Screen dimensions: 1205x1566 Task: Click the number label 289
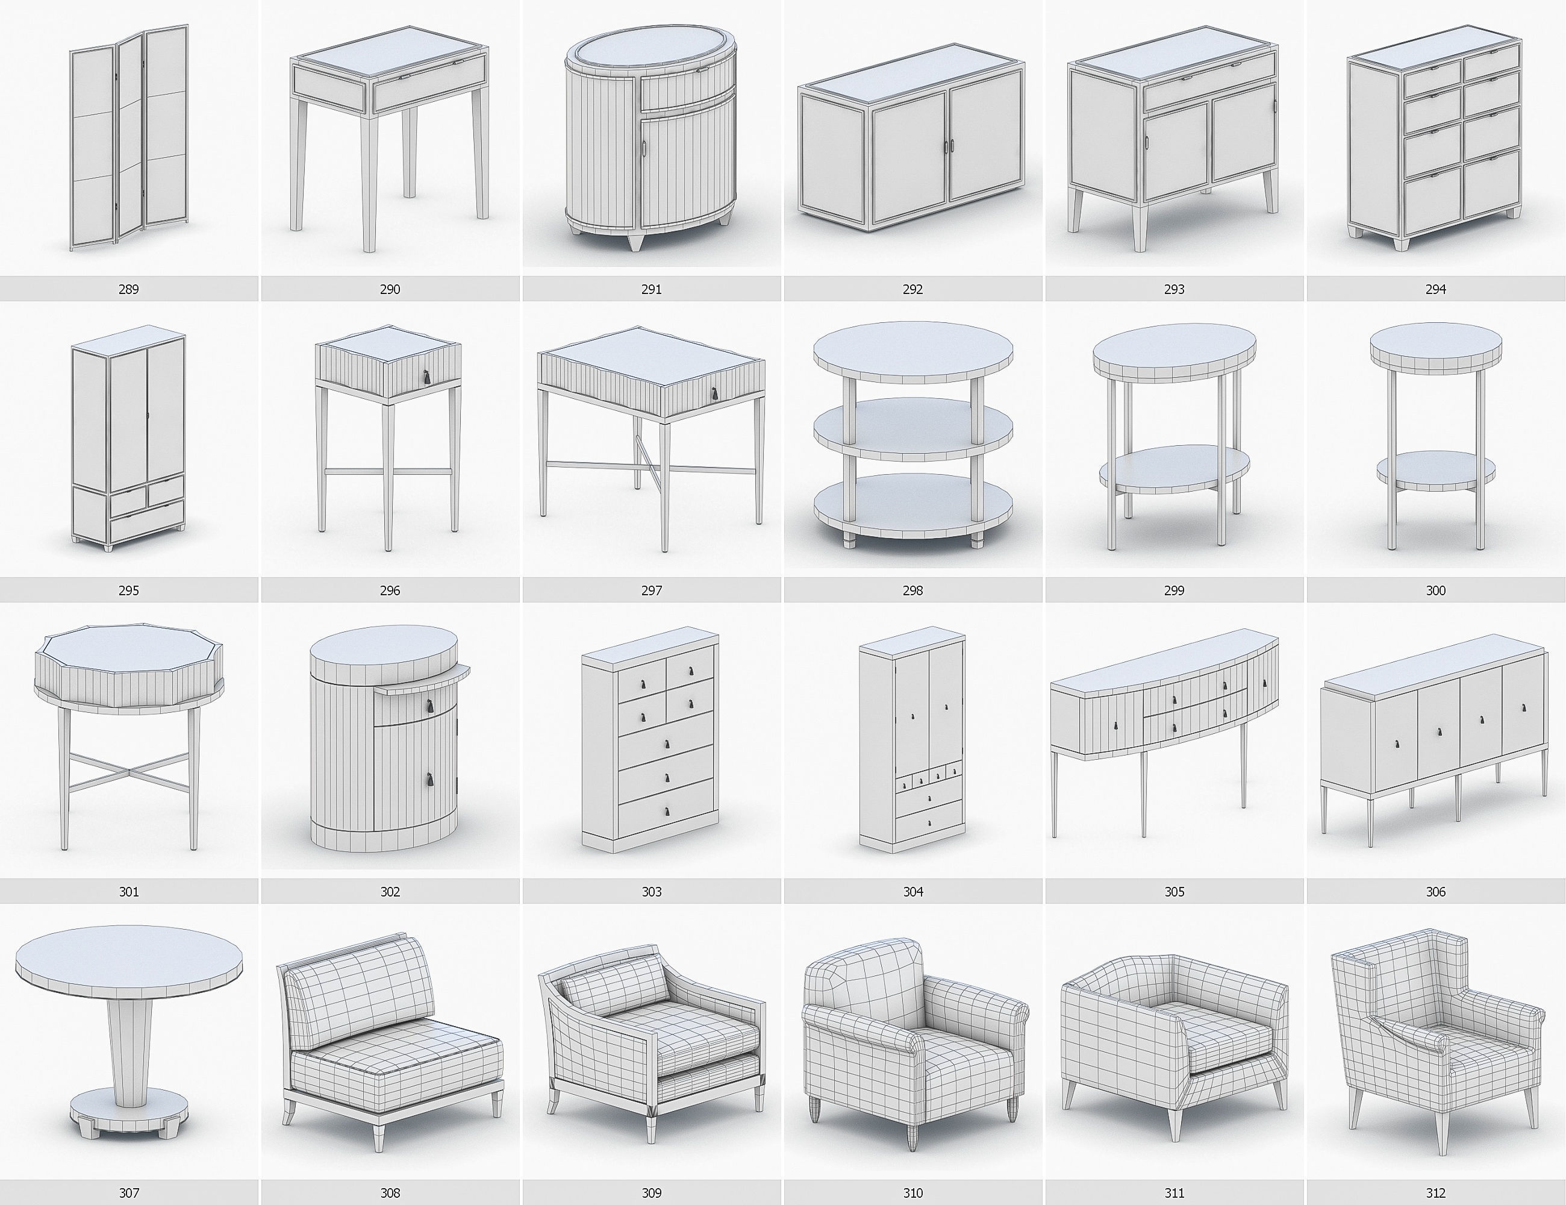tap(128, 289)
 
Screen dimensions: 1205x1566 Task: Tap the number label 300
tap(1435, 590)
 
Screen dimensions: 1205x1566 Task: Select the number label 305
tap(1174, 892)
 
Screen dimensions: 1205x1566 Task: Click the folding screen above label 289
tap(129, 140)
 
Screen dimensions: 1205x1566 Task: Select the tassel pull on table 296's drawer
tap(426, 377)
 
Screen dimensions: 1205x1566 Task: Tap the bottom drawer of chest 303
tap(666, 810)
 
